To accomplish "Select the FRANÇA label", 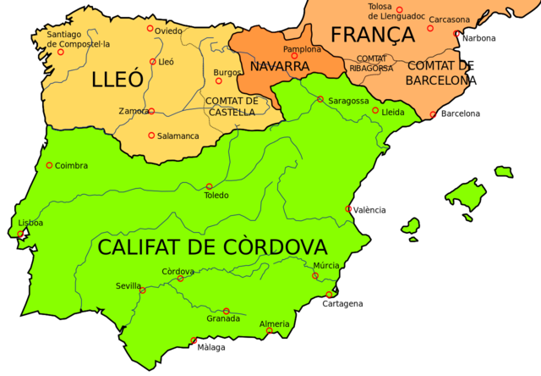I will (373, 35).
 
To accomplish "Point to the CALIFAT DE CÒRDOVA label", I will (211, 247).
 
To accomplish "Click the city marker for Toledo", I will (209, 186).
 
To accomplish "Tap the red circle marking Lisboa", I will (21, 234).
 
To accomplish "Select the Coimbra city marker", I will (49, 165).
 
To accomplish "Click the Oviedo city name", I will (169, 31).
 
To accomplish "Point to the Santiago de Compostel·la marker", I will (60, 52).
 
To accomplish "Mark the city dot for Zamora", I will (151, 111).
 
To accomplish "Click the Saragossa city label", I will (348, 101).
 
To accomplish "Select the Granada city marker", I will (227, 311).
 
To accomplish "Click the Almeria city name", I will (275, 323).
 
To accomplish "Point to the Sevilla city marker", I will (143, 291).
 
